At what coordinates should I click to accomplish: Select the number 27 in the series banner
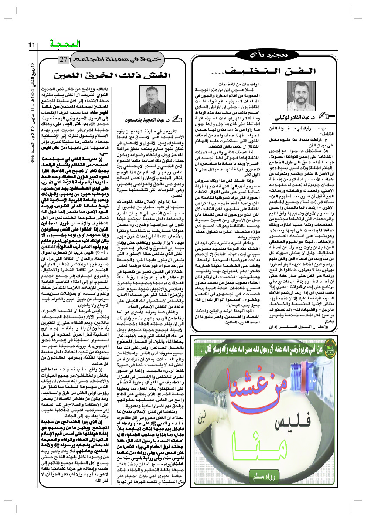63,59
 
